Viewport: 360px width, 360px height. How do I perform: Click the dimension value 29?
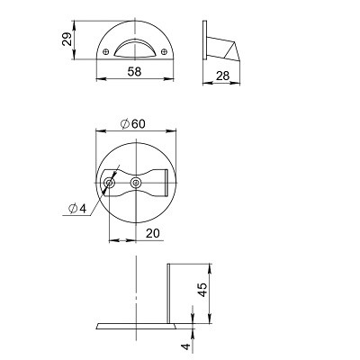(x=67, y=39)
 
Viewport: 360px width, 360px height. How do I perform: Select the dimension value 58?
(x=134, y=72)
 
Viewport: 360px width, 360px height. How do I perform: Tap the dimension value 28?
(x=222, y=76)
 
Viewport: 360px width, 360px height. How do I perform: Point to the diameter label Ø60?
(x=132, y=123)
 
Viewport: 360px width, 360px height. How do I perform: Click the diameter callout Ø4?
(x=77, y=208)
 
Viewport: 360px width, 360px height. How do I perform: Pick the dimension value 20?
(x=153, y=233)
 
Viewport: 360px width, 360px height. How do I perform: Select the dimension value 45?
(x=203, y=290)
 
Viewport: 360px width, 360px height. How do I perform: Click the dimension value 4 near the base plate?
(x=186, y=346)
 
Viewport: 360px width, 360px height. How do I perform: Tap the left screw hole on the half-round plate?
(x=105, y=51)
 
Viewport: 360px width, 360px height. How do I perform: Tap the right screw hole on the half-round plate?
(x=164, y=51)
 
